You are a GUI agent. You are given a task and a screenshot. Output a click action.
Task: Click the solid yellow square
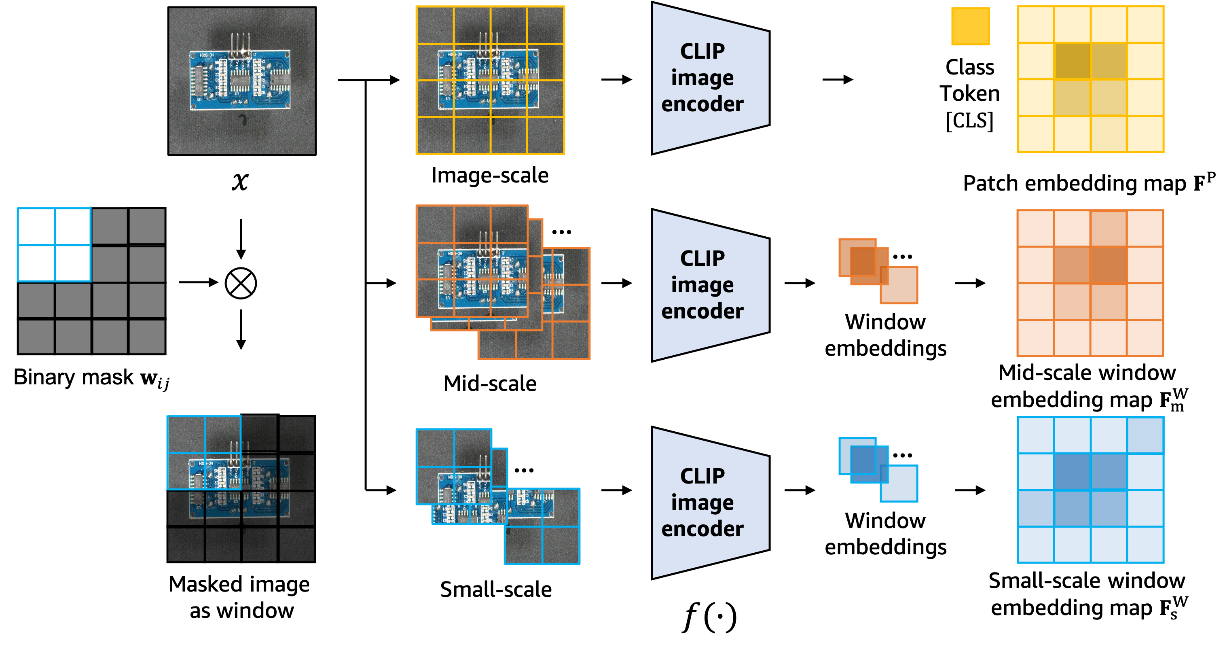(970, 26)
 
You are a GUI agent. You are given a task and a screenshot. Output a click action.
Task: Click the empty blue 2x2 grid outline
(54, 244)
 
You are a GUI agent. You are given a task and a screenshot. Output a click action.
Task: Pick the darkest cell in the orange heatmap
(1109, 265)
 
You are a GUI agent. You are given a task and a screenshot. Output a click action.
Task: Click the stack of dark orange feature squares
(877, 271)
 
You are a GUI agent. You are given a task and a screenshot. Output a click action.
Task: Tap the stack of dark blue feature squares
(877, 469)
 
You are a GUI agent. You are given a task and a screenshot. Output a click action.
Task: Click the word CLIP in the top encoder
(702, 51)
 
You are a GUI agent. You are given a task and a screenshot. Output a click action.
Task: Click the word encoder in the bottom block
(702, 528)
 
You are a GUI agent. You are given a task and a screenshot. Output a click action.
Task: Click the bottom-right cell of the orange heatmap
(1145, 338)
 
